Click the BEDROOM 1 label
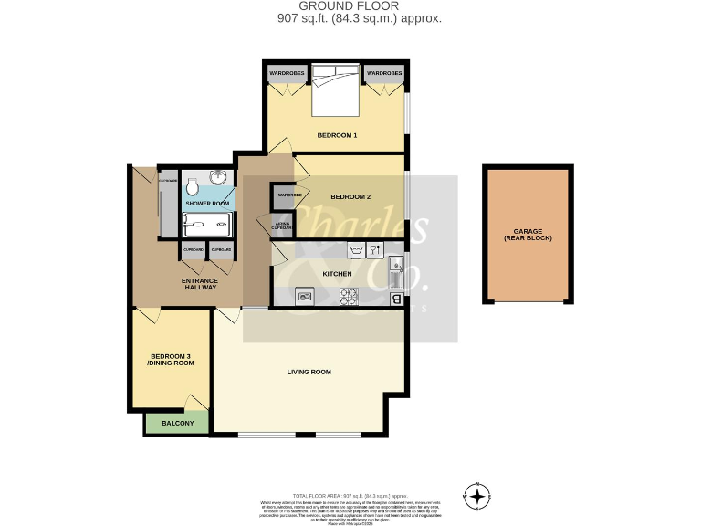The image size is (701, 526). tap(337, 135)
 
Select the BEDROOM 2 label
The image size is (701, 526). tap(350, 197)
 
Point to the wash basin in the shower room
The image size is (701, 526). tap(219, 179)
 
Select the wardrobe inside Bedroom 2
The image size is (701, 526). tap(288, 195)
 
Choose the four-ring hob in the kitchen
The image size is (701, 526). tap(349, 296)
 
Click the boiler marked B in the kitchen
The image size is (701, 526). tap(396, 298)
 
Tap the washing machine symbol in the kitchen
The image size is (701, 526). tap(356, 250)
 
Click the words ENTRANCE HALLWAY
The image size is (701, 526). tap(200, 282)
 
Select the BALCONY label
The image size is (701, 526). tap(177, 424)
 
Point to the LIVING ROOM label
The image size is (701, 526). tap(309, 372)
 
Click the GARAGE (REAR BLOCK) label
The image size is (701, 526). tap(528, 234)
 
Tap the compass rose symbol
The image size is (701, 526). tap(477, 496)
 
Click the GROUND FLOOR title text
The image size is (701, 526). tap(350, 6)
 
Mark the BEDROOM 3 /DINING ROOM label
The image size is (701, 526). tap(172, 359)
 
